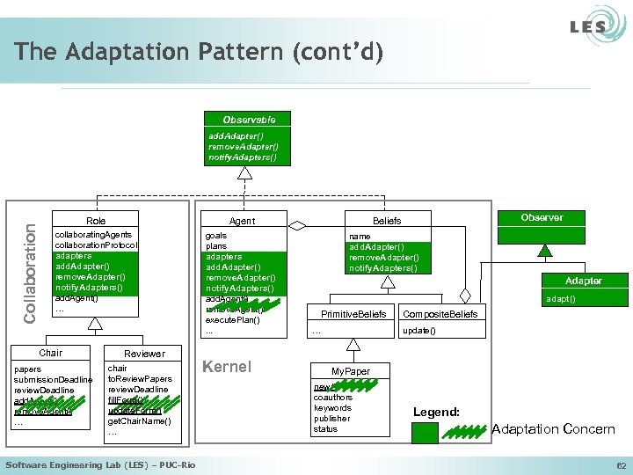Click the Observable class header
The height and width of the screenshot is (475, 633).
(249, 119)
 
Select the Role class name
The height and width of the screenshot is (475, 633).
(96, 220)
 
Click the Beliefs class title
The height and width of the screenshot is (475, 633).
(387, 221)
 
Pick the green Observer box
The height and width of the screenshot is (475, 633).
(542, 217)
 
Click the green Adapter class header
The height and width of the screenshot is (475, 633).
(583, 281)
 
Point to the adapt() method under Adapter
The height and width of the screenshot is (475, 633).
(561, 299)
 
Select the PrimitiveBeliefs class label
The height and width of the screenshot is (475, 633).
(353, 314)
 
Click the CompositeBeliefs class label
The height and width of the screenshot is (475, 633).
(440, 314)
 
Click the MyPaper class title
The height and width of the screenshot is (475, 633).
(350, 372)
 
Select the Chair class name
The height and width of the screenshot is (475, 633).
(51, 353)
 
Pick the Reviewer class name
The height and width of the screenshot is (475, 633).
(144, 353)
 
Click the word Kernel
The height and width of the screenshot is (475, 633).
(227, 367)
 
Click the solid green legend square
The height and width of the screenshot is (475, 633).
(425, 432)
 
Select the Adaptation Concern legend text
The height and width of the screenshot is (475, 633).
(553, 429)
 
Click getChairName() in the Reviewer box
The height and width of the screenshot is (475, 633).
(139, 421)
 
